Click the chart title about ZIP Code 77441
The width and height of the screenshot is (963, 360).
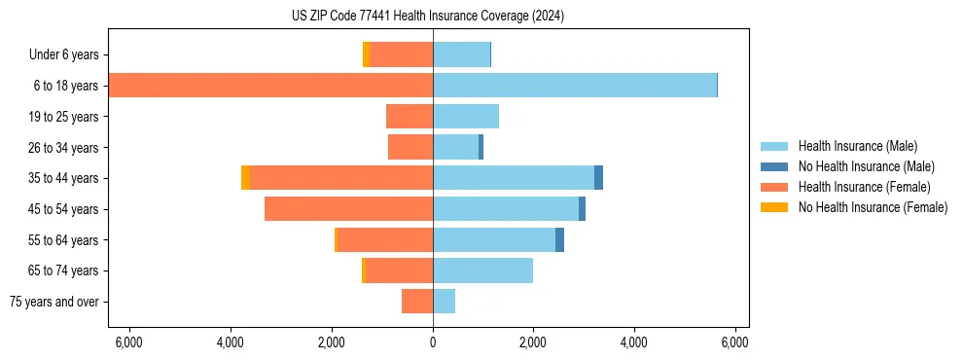[x=427, y=16]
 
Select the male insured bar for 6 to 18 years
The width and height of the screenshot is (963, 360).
[x=574, y=86]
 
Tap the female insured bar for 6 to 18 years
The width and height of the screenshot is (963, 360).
[x=270, y=86]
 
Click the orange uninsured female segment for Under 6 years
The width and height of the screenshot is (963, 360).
[x=366, y=54]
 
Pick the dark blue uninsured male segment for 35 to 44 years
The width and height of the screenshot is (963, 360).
[x=598, y=178]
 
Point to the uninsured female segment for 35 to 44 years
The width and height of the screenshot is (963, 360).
[x=245, y=178]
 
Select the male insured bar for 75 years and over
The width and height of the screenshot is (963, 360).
[x=444, y=302]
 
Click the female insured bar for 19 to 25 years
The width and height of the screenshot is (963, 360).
[x=409, y=117]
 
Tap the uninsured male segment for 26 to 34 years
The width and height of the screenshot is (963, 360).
[x=481, y=147]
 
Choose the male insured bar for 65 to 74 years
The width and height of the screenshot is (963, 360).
[x=482, y=270]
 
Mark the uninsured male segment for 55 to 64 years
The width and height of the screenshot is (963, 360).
[x=559, y=239]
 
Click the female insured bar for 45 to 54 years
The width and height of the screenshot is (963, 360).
[x=348, y=209]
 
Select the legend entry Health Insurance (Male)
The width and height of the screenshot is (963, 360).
[x=857, y=146]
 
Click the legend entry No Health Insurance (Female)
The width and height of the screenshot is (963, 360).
[x=873, y=207]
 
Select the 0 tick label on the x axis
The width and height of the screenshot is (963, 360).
[x=433, y=342]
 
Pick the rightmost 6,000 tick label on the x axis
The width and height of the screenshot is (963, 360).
[x=734, y=342]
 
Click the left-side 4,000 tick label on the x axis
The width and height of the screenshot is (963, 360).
[x=231, y=342]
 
